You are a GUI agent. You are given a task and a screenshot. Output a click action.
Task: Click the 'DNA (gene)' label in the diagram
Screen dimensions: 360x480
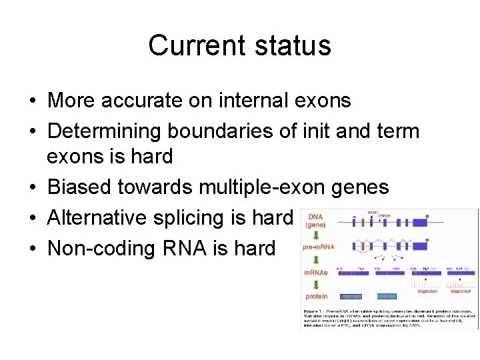pos(315,221)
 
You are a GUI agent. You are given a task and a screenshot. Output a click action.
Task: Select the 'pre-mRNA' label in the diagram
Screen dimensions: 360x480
pos(318,246)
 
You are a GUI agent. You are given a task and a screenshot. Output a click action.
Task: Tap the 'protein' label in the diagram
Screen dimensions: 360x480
pos(316,296)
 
